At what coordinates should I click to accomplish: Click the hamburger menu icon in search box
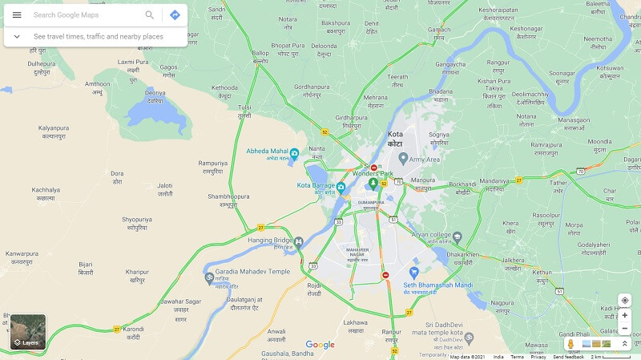(x=17, y=15)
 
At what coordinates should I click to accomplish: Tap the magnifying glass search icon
(x=150, y=15)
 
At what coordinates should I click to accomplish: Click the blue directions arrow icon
(x=175, y=15)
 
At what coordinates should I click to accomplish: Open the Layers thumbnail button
(x=28, y=332)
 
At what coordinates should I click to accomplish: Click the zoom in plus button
(x=625, y=315)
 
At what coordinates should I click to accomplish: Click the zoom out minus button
(x=625, y=328)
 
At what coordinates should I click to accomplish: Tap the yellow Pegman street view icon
(x=570, y=344)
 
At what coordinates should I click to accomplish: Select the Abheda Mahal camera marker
(x=294, y=153)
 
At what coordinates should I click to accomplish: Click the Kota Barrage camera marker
(x=341, y=188)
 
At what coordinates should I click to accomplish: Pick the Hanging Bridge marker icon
(x=299, y=241)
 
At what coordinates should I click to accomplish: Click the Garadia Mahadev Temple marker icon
(x=209, y=277)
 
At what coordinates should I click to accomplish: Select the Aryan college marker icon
(x=458, y=237)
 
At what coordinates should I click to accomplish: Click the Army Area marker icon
(x=404, y=158)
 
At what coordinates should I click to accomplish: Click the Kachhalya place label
(x=46, y=193)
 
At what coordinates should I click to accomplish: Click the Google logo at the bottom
(x=320, y=345)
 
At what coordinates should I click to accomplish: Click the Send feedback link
(x=568, y=357)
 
